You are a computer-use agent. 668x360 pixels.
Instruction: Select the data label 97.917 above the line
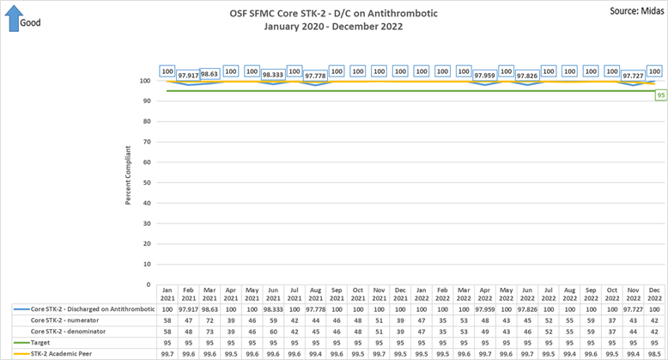coord(189,76)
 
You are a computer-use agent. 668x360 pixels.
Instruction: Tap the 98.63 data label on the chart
coord(210,75)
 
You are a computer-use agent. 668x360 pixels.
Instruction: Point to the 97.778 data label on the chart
coord(315,76)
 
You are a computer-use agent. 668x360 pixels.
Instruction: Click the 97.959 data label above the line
coord(484,76)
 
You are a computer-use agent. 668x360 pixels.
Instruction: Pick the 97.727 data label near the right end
coord(632,76)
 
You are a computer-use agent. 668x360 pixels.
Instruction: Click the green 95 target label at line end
coord(660,95)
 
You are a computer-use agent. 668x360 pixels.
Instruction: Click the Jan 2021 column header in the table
coord(168,292)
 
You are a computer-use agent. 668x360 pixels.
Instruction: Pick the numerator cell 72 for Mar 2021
coord(210,319)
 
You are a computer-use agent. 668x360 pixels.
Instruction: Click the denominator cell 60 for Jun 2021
coord(273,330)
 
